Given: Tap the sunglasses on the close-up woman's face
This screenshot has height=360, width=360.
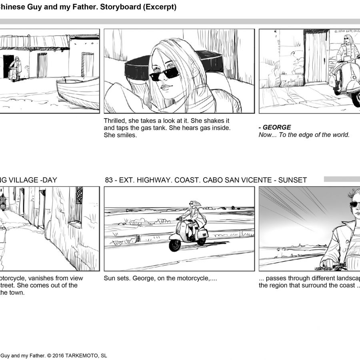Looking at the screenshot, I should point(164,73).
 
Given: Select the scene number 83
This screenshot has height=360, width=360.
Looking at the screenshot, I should point(108,180).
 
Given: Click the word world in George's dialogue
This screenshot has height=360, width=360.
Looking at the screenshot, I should point(341,135).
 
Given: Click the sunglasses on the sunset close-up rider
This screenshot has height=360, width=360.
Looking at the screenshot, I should point(355,204).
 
